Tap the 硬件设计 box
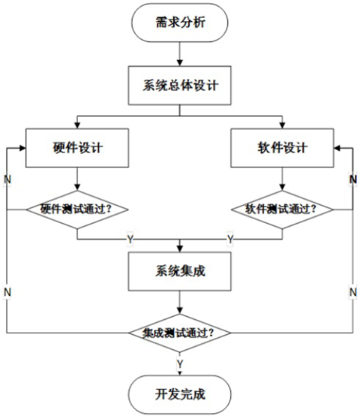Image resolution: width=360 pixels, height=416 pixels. coord(77,146)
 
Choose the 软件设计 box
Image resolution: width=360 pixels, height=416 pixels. coord(280,146)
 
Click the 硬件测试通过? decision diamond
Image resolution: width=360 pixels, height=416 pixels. coord(77,208)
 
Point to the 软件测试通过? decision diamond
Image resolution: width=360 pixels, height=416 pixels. coord(280,208)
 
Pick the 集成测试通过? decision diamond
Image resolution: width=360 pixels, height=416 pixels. coord(179,331)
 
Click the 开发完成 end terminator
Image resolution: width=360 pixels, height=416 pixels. coord(179,393)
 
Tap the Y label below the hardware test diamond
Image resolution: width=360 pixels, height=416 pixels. coord(130,239)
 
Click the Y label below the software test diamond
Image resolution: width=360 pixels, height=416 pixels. coord(229,239)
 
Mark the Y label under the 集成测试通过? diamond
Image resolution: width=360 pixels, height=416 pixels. coord(179,363)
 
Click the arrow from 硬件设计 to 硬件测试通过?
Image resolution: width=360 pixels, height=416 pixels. coord(77,178)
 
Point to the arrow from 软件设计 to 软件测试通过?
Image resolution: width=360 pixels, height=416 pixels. coord(280,178)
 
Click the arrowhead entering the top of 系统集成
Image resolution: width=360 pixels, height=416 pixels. coord(179,248)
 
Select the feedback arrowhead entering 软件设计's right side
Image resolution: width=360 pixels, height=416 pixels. coord(336,146)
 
